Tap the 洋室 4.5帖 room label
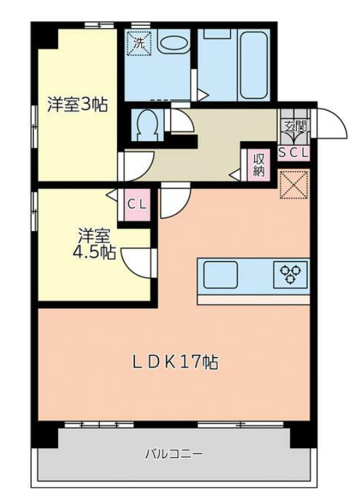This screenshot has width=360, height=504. pos(94,244)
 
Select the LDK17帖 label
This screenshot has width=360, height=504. pos(176,362)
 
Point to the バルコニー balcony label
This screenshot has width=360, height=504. pos(174,454)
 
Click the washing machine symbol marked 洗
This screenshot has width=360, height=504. pos(139,43)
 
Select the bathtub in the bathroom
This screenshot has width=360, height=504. pos(254,65)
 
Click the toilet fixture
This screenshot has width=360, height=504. pos(147,125)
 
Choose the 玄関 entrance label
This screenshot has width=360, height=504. pos(295,126)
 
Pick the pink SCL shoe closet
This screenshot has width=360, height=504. pos(293,152)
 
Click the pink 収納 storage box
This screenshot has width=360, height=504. pos(258,165)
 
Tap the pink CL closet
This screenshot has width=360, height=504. pos(137,204)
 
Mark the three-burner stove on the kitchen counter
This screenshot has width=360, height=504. pos(290,275)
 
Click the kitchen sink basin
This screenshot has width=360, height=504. pos(221,275)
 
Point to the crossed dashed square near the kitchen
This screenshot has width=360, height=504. pos(294,184)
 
